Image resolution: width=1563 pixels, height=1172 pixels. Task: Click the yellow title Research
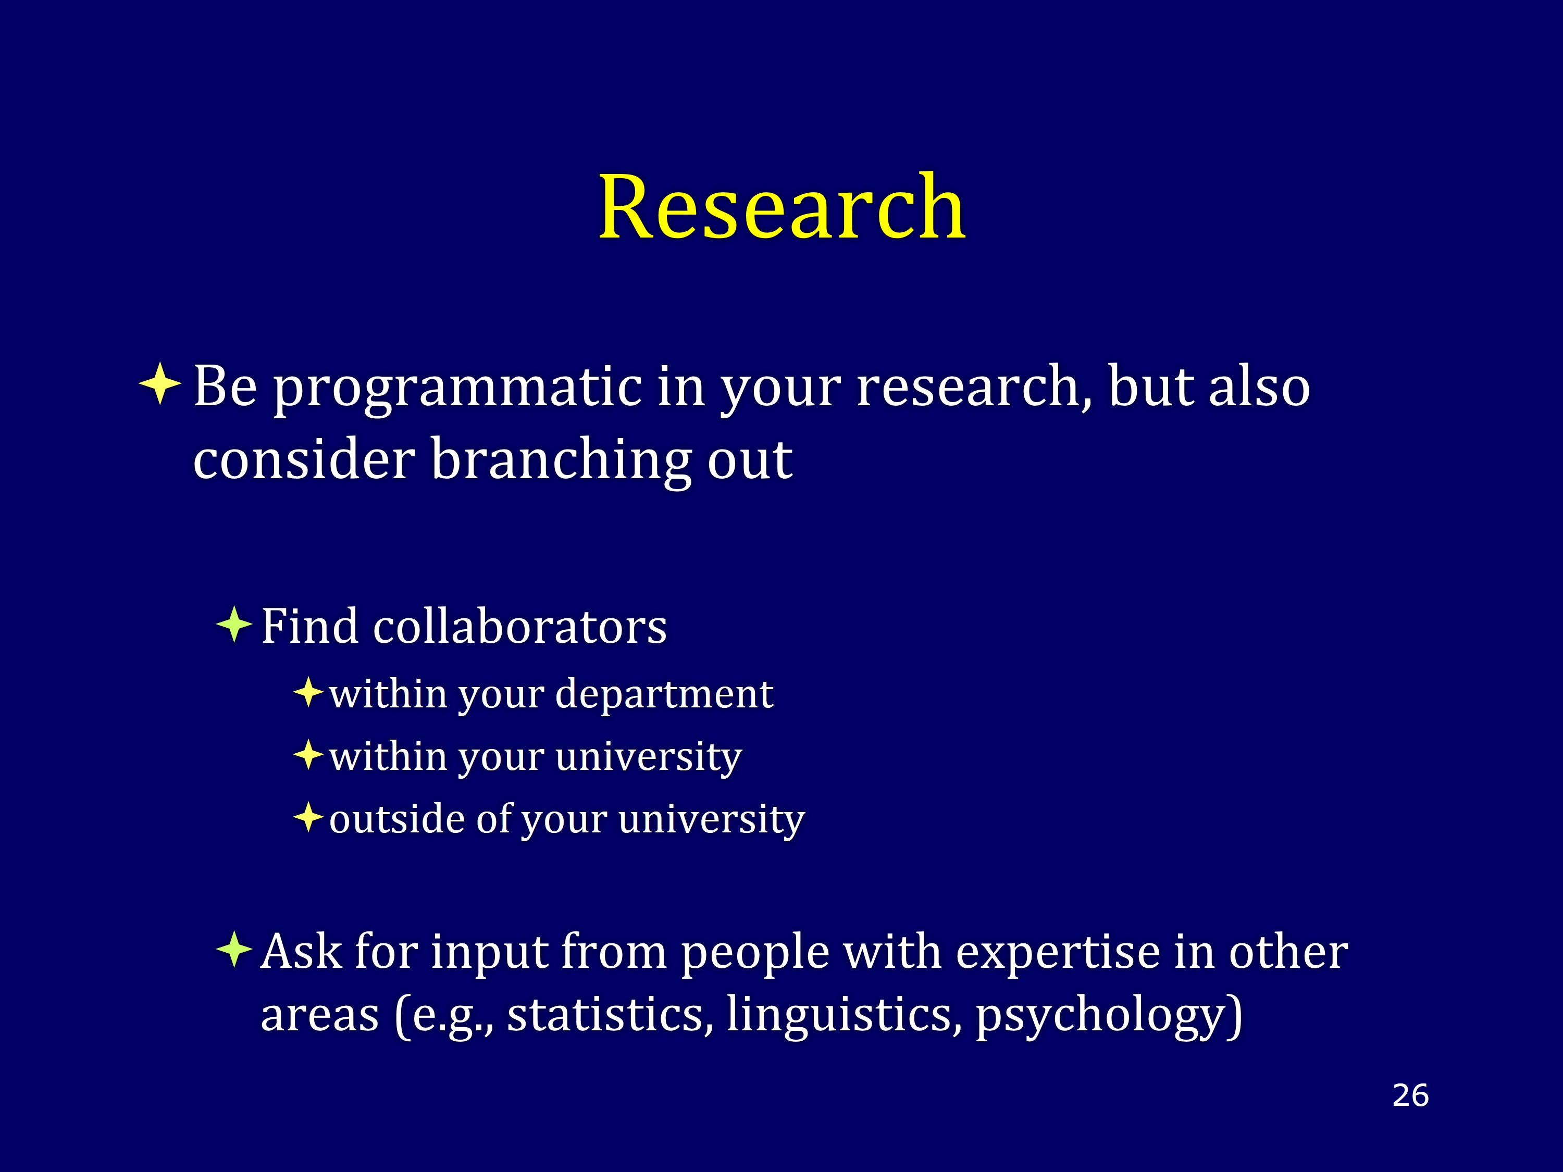781,206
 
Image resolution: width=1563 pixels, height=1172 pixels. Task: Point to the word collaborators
520,627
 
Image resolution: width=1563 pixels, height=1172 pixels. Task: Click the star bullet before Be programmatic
160,383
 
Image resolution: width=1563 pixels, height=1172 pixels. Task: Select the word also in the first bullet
1260,386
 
